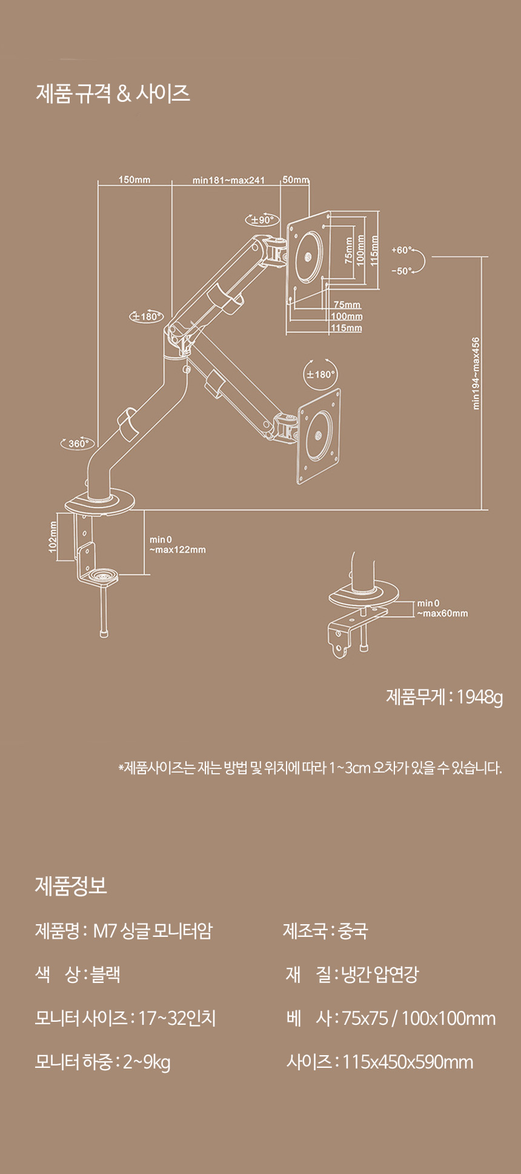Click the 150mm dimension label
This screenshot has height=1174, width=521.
coord(134,179)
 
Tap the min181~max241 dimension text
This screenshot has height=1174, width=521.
coord(228,180)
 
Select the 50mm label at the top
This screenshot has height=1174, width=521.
coord(296,179)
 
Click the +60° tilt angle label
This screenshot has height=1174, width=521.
coord(401,250)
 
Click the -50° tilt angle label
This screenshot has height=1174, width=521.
coord(401,271)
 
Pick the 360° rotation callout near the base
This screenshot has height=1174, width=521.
coord(78,443)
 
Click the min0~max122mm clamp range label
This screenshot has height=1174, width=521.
coord(178,545)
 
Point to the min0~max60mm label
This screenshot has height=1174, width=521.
coord(442,608)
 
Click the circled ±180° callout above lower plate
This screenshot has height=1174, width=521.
coord(320,374)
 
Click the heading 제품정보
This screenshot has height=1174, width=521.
coord(71,886)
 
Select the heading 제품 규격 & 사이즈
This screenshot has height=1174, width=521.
coord(113,93)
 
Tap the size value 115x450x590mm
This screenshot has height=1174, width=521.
coord(408,1062)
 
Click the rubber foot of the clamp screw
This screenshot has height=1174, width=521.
coord(104,634)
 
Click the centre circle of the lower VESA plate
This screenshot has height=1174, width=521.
coord(319,435)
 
